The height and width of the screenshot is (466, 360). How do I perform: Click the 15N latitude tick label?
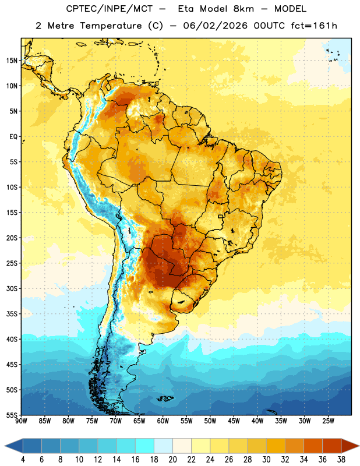[12, 61]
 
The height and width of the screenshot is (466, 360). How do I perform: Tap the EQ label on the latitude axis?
[13, 137]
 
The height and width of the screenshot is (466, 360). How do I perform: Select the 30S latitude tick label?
[12, 288]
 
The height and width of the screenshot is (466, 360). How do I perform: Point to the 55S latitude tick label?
[12, 415]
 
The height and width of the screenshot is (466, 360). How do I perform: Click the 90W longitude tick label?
[21, 421]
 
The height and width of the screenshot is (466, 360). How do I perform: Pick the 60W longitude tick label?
[163, 421]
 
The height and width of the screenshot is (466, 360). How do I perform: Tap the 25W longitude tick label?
[328, 421]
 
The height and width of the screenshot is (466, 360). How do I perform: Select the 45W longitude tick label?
[234, 421]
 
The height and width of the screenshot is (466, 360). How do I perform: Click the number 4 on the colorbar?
[23, 460]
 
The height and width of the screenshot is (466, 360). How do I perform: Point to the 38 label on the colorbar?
[341, 460]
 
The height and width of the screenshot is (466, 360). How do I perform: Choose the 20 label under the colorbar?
[172, 460]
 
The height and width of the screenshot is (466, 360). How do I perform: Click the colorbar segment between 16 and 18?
[144, 446]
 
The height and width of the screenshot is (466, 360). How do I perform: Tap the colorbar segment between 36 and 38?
[332, 446]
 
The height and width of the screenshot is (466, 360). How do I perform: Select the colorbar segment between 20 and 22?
[182, 446]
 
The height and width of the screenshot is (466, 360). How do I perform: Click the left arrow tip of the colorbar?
[5, 446]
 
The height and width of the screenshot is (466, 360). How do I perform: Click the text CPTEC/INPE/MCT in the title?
[109, 9]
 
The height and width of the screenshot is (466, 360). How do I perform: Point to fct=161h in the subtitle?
[314, 26]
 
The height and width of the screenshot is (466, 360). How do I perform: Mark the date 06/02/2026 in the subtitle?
[215, 26]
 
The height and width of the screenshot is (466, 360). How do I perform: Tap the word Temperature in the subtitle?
[111, 26]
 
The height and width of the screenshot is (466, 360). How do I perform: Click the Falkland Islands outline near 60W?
[165, 398]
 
